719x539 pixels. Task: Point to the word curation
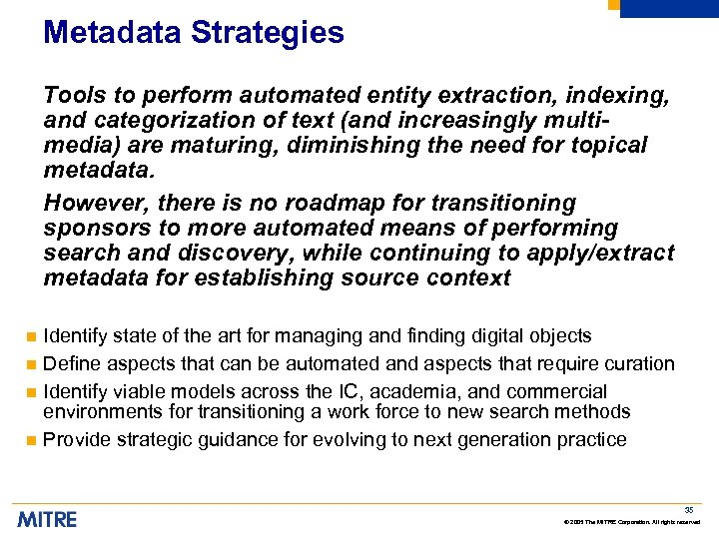(639, 363)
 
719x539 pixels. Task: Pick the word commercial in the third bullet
(560, 390)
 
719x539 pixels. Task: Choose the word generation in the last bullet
(496, 439)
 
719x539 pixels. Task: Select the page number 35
(689, 509)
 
